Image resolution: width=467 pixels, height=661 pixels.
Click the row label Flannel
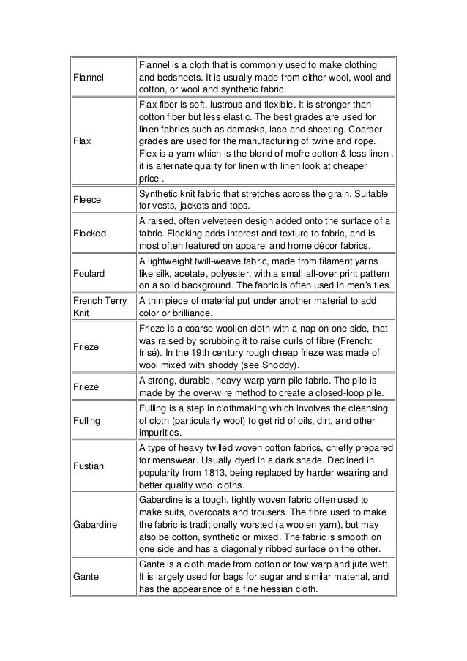(89, 76)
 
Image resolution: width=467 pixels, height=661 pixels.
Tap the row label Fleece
(87, 198)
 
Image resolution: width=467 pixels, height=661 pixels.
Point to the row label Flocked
(89, 233)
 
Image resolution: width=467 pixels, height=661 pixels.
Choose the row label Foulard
(89, 273)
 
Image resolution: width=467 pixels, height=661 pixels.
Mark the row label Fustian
(88, 465)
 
